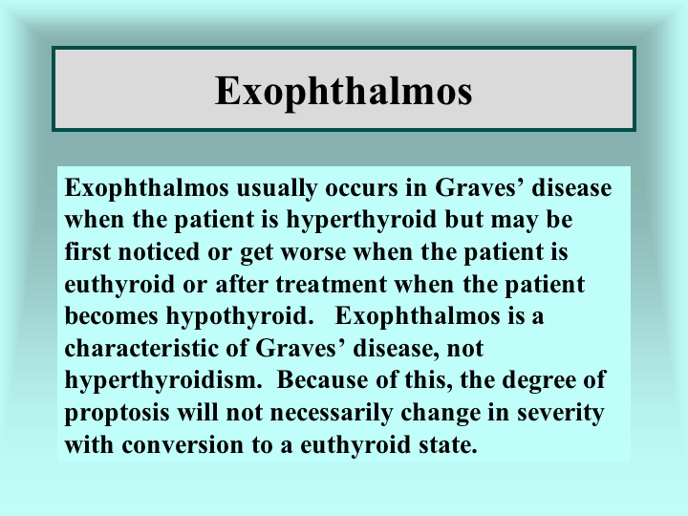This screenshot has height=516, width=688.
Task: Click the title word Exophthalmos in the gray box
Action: [344, 92]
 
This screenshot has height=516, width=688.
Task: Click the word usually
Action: [276, 189]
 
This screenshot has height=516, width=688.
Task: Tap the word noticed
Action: [159, 252]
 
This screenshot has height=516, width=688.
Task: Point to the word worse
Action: [312, 253]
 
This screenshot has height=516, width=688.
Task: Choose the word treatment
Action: [331, 285]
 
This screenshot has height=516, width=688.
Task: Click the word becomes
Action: [111, 316]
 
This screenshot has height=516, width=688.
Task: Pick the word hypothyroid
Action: [240, 317]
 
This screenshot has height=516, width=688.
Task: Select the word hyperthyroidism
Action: [163, 381]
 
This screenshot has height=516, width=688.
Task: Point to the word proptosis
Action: [117, 414]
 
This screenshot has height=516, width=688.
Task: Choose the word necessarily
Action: [331, 414]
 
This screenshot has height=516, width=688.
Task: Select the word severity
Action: [560, 414]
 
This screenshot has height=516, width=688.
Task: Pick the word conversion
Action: [183, 445]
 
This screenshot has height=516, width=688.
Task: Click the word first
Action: [87, 252]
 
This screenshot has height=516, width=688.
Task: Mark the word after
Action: [241, 285]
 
